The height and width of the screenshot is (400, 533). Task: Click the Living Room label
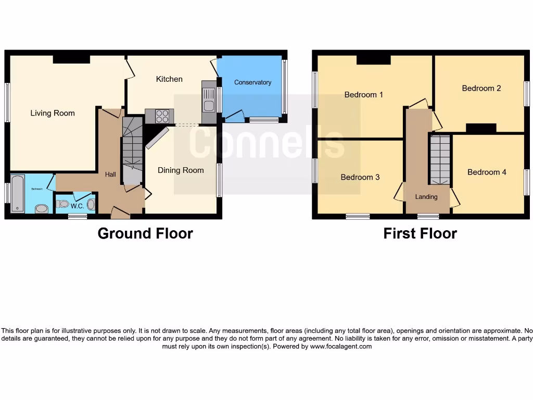point(53,113)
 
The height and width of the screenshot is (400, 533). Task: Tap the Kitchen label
point(169,79)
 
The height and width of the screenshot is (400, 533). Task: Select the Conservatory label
point(252,82)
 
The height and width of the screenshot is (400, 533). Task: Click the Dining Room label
point(181,170)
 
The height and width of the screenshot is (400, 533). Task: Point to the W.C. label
point(78,206)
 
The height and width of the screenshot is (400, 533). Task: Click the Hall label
point(110,174)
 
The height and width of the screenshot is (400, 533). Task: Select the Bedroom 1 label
point(363,95)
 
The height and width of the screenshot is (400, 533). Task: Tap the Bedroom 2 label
point(481,88)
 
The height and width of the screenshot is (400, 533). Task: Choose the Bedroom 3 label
point(360,177)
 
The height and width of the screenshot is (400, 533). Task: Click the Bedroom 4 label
point(486,172)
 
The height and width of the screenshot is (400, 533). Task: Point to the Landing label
point(426,197)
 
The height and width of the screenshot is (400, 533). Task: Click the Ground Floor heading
point(145,233)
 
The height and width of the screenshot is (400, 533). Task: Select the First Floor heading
point(420,233)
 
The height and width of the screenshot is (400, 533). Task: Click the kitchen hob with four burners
point(159,116)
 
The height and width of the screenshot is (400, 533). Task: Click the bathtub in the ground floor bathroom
point(17,194)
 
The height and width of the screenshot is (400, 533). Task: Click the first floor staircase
point(440,159)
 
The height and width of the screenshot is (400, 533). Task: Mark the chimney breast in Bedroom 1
point(373,60)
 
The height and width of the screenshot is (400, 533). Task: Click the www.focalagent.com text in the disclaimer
point(341,346)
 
